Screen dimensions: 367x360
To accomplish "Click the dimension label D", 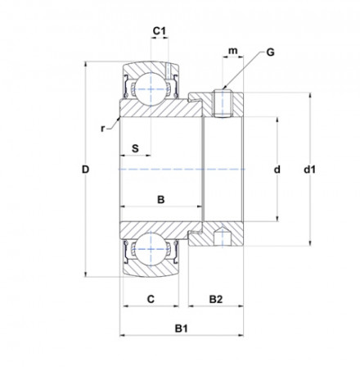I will click(x=84, y=170).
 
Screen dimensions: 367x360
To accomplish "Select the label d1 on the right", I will click(x=310, y=170).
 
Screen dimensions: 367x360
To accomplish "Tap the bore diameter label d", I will click(x=277, y=170).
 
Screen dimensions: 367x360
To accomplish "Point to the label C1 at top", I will click(x=160, y=31).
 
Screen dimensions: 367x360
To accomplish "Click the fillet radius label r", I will click(x=103, y=129).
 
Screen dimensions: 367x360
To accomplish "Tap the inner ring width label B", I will click(x=160, y=199).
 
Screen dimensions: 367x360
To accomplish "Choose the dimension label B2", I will click(x=214, y=299).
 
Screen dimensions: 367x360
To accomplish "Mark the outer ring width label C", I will click(x=151, y=299).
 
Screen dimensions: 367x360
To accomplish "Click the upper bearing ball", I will click(x=150, y=85).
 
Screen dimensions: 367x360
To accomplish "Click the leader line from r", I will click(x=113, y=124).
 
